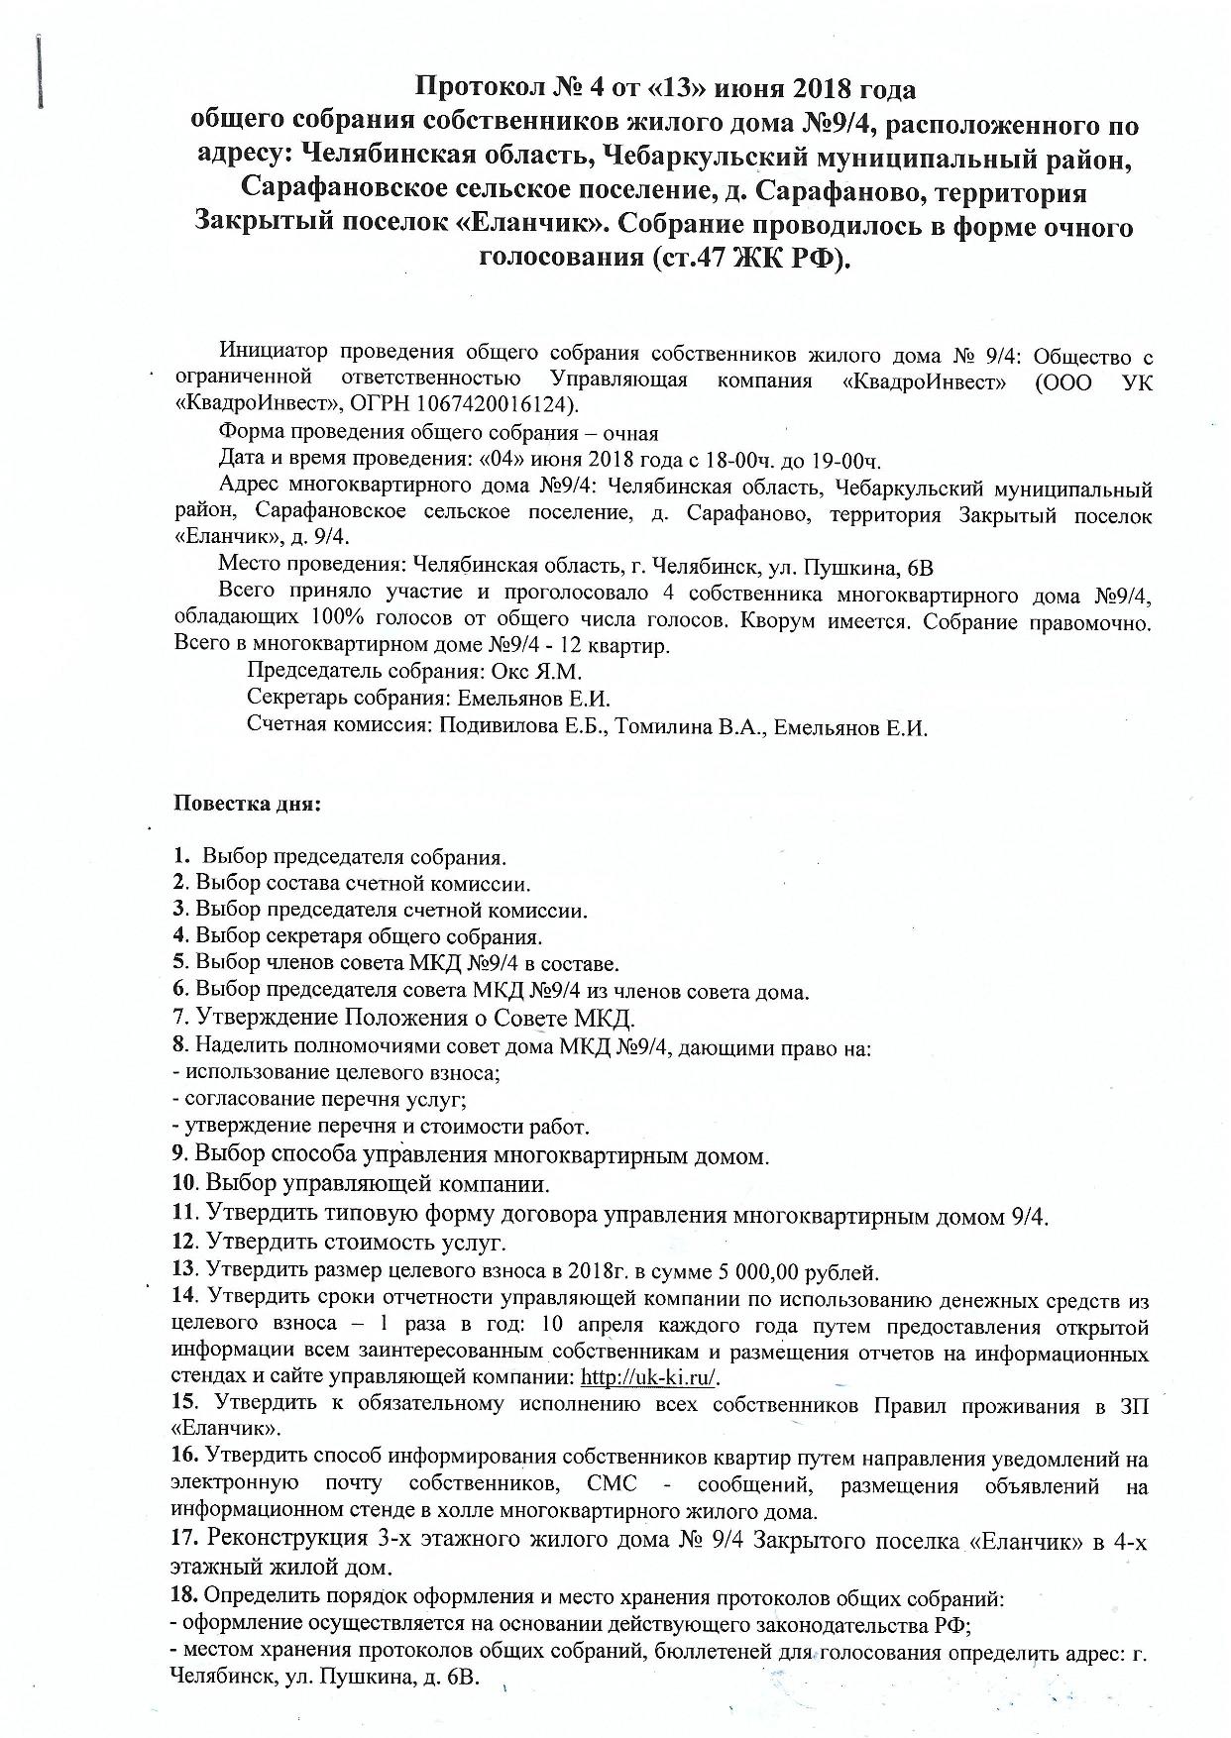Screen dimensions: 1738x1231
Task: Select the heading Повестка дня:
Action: pos(248,802)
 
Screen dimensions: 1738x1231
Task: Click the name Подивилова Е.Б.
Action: pos(522,727)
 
